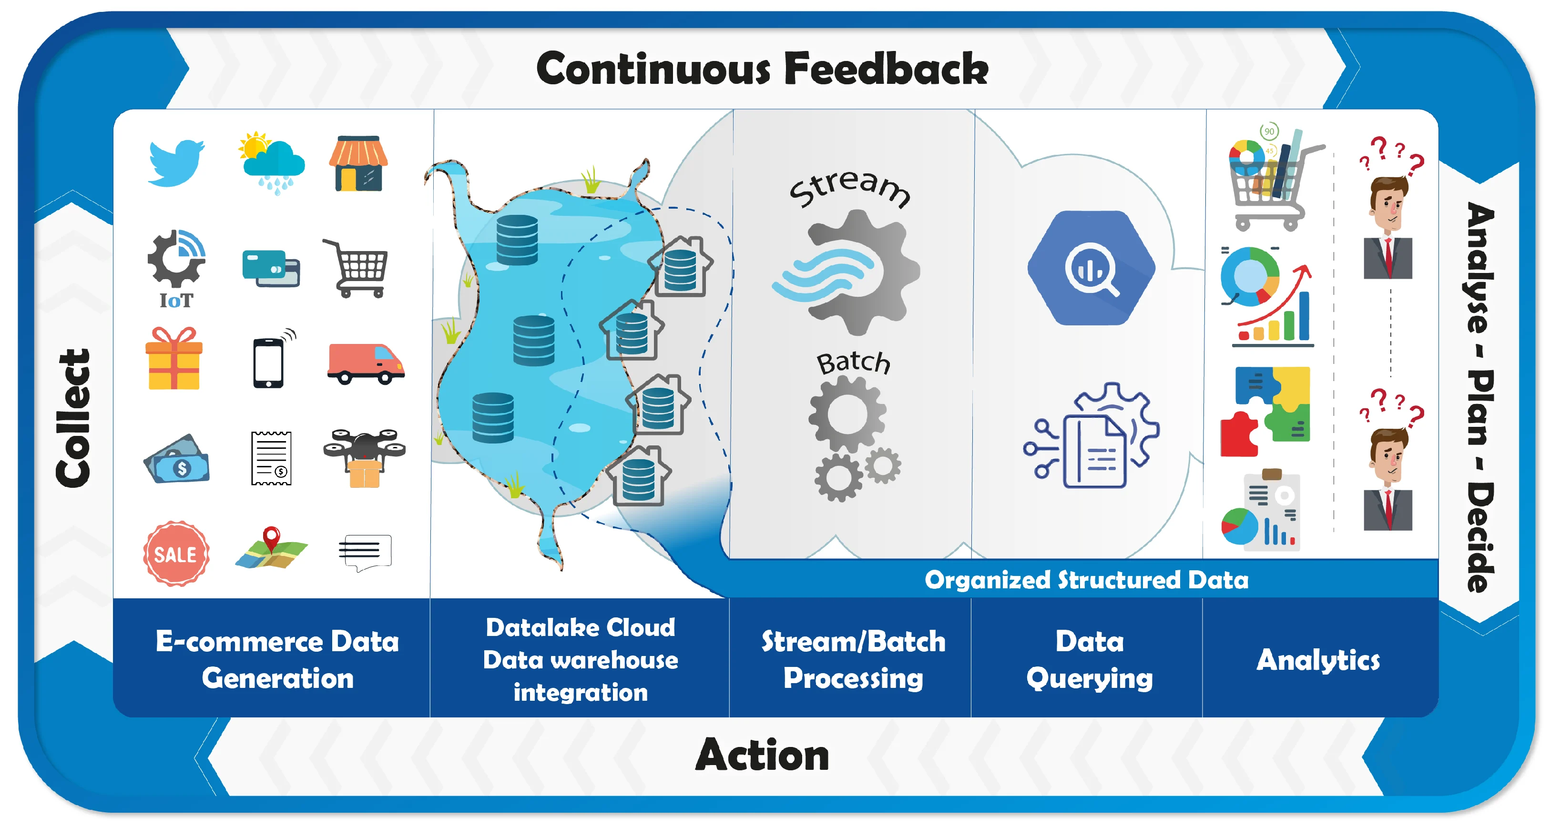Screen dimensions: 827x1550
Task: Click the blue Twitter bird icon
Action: click(x=176, y=163)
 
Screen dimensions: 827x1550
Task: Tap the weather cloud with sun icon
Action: click(x=273, y=161)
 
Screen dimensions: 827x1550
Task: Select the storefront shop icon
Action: click(x=358, y=163)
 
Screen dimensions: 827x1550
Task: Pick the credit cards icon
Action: click(x=271, y=268)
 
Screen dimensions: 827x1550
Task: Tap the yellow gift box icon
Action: click(x=174, y=359)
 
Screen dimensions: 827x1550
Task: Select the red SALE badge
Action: click(x=176, y=554)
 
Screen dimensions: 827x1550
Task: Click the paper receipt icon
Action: click(x=271, y=458)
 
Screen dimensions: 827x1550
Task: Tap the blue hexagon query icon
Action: click(x=1091, y=268)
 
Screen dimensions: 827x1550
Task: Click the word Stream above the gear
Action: click(x=850, y=186)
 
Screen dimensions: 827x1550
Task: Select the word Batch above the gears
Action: click(x=853, y=362)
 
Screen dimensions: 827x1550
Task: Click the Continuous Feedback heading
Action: click(x=762, y=69)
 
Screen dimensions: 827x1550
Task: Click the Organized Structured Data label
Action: click(x=1086, y=580)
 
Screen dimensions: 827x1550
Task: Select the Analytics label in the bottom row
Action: click(x=1318, y=660)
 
